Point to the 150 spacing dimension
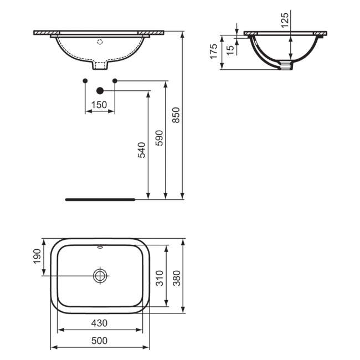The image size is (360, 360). pyautogui.click(x=100, y=105)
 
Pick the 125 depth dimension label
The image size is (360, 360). pyautogui.click(x=285, y=22)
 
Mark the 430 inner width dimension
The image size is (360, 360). pyautogui.click(x=100, y=323)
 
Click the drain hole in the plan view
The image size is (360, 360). pyautogui.click(x=101, y=275)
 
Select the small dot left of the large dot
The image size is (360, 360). pyautogui.click(x=85, y=81)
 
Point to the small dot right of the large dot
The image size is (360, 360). pyautogui.click(x=115, y=81)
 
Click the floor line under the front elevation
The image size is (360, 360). pyautogui.click(x=100, y=197)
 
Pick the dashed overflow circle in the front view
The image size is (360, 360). pyautogui.click(x=100, y=41)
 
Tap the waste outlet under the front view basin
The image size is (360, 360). pyautogui.click(x=100, y=66)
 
